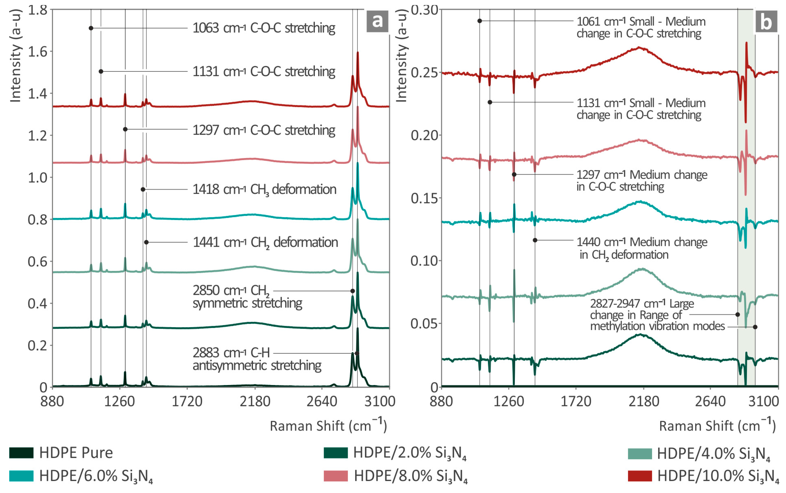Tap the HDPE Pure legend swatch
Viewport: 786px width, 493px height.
click(x=21, y=453)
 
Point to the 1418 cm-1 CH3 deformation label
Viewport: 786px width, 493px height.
click(x=264, y=190)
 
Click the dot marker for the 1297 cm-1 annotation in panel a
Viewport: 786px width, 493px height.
click(x=125, y=129)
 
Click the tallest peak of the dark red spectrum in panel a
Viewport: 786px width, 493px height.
click(x=358, y=53)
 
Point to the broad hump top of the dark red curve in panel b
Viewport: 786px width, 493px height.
click(x=639, y=48)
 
